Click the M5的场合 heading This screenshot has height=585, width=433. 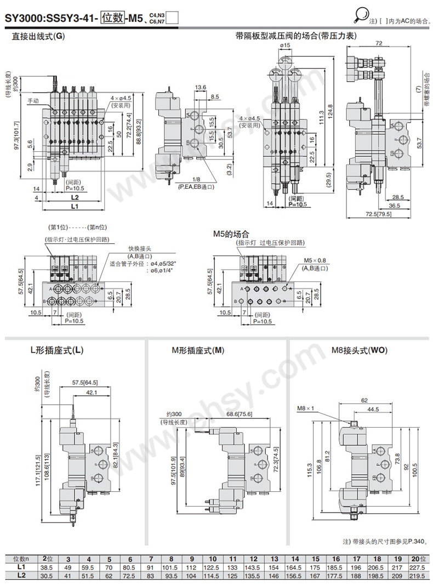[231, 234]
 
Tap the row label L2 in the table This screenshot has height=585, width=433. [21, 575]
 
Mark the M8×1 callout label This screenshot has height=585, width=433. [304, 408]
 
